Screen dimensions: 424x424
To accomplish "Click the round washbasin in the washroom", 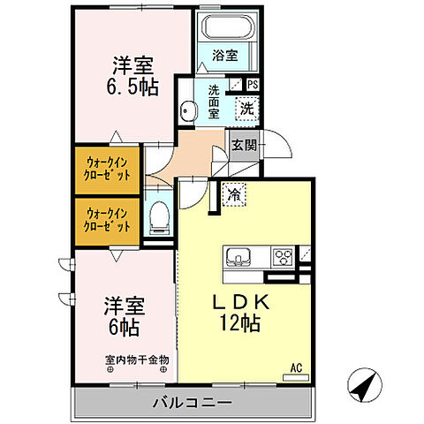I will (x=187, y=110).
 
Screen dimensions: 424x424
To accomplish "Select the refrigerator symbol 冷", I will (x=234, y=192).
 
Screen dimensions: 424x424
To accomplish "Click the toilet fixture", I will (x=158, y=216).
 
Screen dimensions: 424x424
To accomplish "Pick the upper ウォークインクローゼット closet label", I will (x=108, y=168).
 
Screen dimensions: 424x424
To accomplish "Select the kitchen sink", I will (x=239, y=258).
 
